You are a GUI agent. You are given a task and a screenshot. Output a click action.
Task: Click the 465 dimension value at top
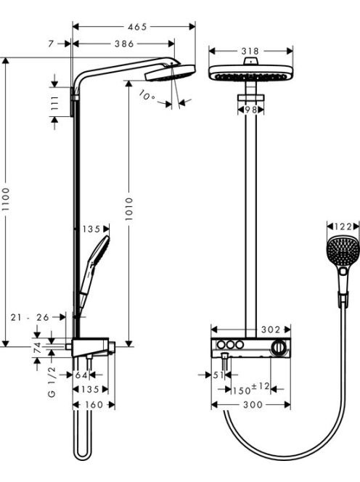tap(137, 27)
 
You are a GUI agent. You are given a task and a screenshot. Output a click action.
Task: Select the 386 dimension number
tap(124, 44)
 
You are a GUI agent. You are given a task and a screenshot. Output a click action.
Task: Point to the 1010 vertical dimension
tap(129, 209)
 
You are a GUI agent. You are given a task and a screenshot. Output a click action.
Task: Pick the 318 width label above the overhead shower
tap(250, 51)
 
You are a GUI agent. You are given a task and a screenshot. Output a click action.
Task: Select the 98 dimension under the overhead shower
tap(250, 110)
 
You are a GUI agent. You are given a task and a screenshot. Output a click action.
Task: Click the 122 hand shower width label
tap(343, 227)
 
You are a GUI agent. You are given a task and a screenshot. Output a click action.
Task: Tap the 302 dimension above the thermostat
tap(271, 330)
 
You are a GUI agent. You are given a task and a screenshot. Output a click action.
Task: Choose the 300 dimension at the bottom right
tap(253, 404)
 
